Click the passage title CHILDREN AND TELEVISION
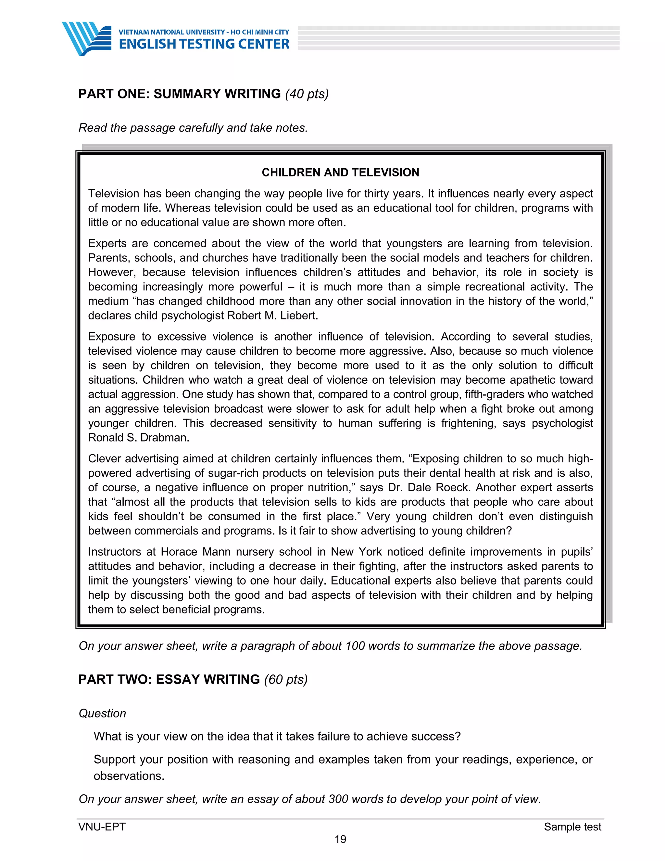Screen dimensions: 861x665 (340, 172)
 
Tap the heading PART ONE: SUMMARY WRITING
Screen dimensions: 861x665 (179, 94)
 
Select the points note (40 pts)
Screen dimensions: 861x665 (307, 94)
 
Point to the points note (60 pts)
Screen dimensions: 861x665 (286, 679)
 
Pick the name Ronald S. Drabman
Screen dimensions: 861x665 (138, 438)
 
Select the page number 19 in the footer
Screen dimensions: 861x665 (340, 839)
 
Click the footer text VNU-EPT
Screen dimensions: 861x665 (102, 827)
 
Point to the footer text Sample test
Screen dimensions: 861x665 (572, 827)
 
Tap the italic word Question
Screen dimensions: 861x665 (102, 713)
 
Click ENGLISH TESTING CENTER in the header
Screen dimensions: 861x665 (204, 44)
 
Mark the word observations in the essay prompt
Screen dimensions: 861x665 (129, 776)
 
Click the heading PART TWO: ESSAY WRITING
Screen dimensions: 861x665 (169, 679)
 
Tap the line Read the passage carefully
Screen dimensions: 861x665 (193, 128)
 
